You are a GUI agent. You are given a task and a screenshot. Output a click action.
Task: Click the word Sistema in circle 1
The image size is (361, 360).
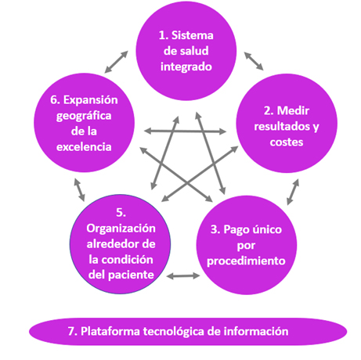coord(193,35)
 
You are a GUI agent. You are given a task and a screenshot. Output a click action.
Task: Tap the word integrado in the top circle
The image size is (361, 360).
coord(186,67)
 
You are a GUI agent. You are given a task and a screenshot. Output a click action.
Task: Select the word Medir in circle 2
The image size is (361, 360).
coord(293,111)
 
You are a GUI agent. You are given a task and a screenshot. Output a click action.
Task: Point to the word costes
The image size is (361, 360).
coord(287,142)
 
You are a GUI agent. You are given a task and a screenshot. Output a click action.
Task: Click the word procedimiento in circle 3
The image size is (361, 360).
coord(246,261)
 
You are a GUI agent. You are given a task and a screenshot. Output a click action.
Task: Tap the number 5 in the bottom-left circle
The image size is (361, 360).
coord(121,213)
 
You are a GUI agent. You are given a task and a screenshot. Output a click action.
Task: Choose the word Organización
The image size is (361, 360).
coord(121,229)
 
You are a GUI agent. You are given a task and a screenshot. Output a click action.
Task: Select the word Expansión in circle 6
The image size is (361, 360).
coord(91,100)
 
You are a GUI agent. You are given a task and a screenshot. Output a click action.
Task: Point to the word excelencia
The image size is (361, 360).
coord(84,147)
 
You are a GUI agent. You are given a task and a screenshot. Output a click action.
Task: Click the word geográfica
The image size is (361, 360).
coord(84,116)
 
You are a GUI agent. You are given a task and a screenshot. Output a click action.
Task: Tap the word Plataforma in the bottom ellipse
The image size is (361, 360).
coord(110,331)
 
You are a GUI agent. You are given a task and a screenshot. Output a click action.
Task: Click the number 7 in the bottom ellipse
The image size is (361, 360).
coord(72,331)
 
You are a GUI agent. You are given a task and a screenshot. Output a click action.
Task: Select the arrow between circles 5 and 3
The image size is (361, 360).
coord(183,275)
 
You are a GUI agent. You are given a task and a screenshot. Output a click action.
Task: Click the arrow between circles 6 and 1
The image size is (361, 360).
coord(116,62)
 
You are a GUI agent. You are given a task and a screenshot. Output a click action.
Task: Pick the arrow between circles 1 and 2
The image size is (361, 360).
coord(254,61)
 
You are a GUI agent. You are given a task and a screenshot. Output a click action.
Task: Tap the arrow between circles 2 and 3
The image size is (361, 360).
coord(293,192)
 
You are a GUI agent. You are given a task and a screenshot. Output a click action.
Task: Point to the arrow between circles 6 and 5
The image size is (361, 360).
coord(79,190)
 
